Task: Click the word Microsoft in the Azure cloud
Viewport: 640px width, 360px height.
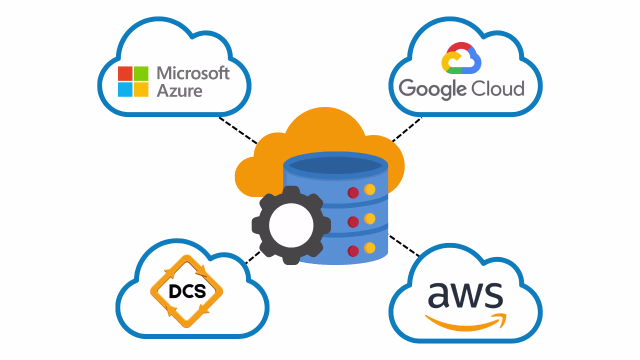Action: tap(193, 73)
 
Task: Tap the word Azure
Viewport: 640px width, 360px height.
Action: tap(179, 91)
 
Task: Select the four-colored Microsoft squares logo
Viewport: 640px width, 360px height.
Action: tap(133, 81)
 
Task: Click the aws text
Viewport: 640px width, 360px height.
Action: tap(465, 295)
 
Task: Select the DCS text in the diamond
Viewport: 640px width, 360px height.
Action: tap(187, 291)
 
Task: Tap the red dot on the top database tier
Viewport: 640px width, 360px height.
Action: tap(353, 192)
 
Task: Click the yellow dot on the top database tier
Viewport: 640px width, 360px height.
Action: tap(369, 189)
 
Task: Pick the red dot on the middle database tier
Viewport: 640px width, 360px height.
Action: tap(353, 221)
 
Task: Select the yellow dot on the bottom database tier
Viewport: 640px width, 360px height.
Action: tap(369, 247)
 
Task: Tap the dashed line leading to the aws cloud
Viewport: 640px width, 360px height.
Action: tap(404, 245)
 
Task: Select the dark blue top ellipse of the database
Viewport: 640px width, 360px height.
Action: tap(335, 165)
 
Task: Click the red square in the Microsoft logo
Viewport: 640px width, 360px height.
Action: tap(125, 73)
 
